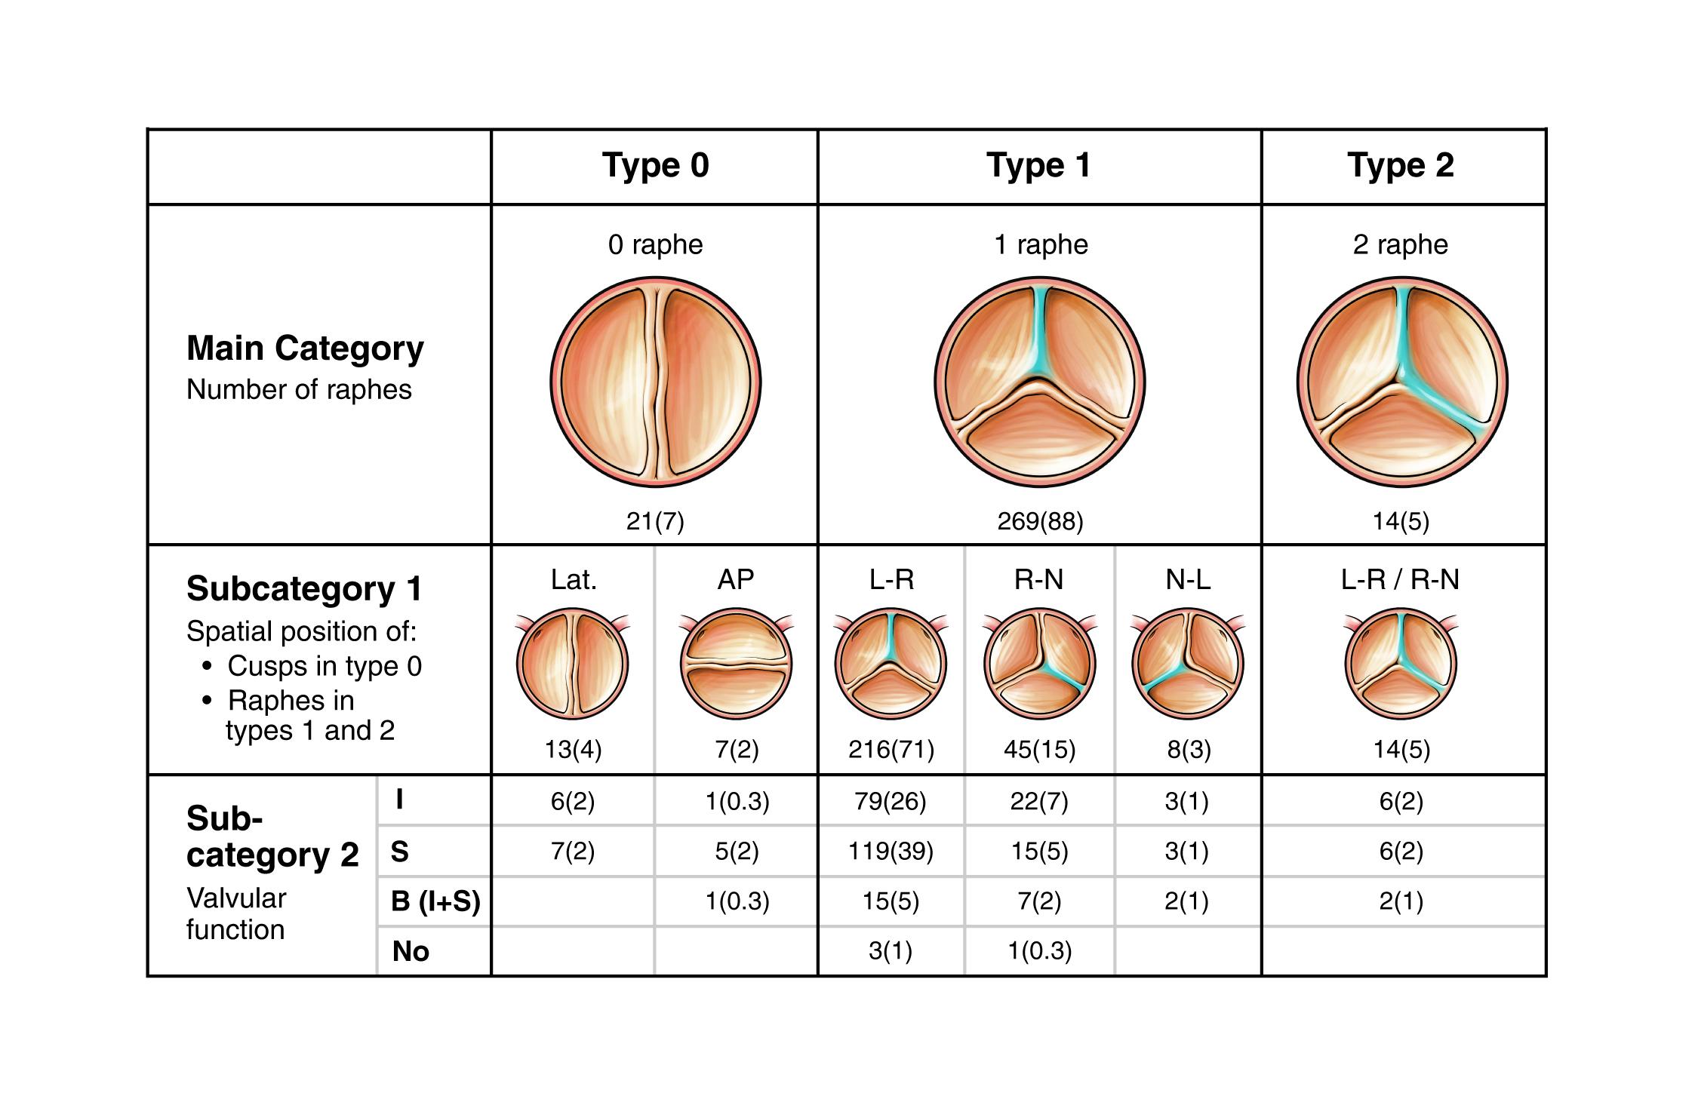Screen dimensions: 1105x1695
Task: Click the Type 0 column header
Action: click(x=655, y=166)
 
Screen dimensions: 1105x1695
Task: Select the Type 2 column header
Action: click(x=1401, y=166)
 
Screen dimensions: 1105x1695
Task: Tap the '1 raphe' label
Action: click(x=1041, y=245)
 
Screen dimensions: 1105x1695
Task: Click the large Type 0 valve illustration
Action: click(x=655, y=382)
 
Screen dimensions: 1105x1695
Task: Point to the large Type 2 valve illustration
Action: click(x=1401, y=382)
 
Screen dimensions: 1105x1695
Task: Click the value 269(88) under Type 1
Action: click(x=1040, y=521)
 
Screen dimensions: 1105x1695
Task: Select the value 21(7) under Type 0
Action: click(x=655, y=521)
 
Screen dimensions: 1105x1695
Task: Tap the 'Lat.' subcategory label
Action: click(x=574, y=579)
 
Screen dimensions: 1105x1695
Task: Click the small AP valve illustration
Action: click(x=736, y=664)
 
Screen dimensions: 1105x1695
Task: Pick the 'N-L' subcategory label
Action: click(x=1188, y=579)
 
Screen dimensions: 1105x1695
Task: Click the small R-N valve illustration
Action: click(x=1039, y=664)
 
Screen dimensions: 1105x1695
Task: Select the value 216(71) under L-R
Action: click(x=891, y=750)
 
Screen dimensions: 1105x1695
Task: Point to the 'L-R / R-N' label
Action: click(x=1401, y=579)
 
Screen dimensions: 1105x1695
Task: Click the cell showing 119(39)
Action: click(x=891, y=852)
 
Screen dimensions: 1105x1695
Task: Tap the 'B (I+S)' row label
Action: click(x=435, y=901)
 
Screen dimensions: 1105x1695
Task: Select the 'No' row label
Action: click(x=411, y=952)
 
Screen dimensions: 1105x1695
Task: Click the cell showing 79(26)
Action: click(x=891, y=801)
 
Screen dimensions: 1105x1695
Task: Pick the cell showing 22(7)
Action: click(x=1039, y=801)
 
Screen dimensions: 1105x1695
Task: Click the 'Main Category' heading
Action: click(x=305, y=348)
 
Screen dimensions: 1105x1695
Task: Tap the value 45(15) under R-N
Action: click(x=1039, y=750)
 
